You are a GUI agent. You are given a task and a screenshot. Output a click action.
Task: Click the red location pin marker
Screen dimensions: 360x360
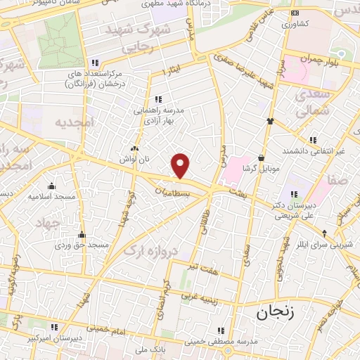click(x=181, y=165)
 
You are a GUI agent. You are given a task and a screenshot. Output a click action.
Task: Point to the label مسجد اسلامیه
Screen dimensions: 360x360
click(x=51, y=196)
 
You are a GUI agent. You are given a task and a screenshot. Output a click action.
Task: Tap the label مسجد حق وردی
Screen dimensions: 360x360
click(x=83, y=245)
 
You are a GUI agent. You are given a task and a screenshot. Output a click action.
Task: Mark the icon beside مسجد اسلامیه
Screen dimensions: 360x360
click(x=51, y=186)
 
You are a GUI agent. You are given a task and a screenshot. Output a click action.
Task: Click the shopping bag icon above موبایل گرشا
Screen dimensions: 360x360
click(x=262, y=157)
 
